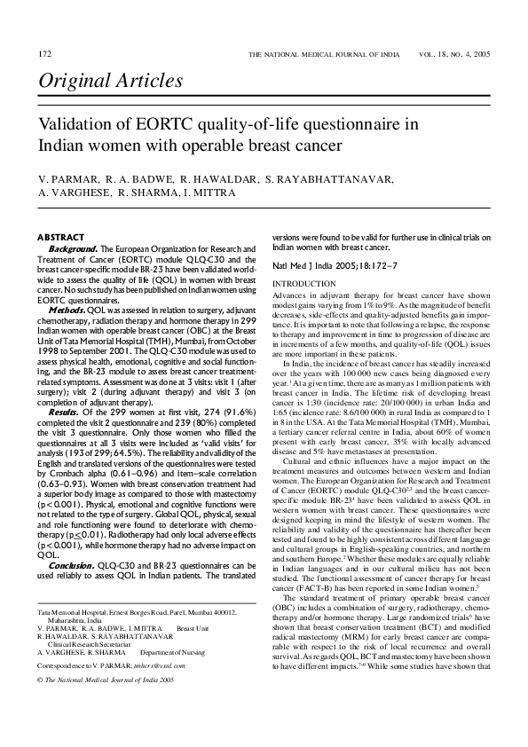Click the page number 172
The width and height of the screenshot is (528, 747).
[x=43, y=55]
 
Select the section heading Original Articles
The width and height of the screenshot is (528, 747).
[x=110, y=83]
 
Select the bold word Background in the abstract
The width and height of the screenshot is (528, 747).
[x=72, y=248]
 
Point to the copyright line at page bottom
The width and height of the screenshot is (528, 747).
[x=105, y=679]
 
